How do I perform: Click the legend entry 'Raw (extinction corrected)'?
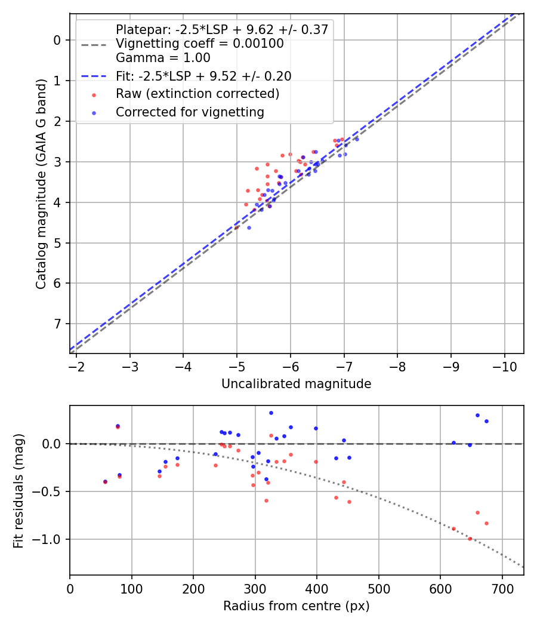[197, 94]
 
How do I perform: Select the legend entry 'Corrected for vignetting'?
[190, 112]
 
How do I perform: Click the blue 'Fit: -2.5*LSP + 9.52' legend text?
[203, 76]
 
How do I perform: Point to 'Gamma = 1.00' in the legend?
[163, 58]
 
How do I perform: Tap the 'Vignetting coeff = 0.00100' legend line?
[199, 44]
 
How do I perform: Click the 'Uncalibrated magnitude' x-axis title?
[296, 384]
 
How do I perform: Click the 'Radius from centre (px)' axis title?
[296, 606]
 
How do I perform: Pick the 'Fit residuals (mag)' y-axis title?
[18, 491]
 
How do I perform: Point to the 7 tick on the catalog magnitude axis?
[57, 324]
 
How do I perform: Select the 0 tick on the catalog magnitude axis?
[57, 40]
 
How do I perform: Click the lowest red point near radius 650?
[470, 539]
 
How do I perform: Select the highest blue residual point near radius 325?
[271, 413]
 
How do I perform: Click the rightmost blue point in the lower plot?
[486, 421]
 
